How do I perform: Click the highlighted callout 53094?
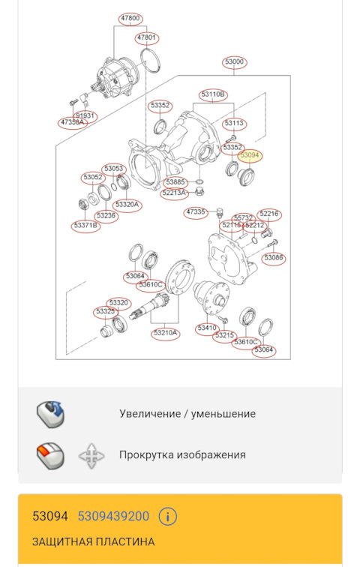249,155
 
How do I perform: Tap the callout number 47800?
130,17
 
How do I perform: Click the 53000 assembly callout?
234,61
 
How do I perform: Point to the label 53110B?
213,94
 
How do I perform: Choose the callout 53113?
234,123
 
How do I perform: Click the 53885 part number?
175,182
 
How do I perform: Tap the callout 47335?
196,212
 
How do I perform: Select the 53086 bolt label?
274,258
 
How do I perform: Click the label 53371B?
85,225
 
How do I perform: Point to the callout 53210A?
165,332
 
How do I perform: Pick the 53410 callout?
206,328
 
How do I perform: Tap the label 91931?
85,115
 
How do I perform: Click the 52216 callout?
268,214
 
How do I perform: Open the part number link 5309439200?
113,517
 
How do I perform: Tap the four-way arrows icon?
91,455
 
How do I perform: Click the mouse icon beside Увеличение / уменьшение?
51,414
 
